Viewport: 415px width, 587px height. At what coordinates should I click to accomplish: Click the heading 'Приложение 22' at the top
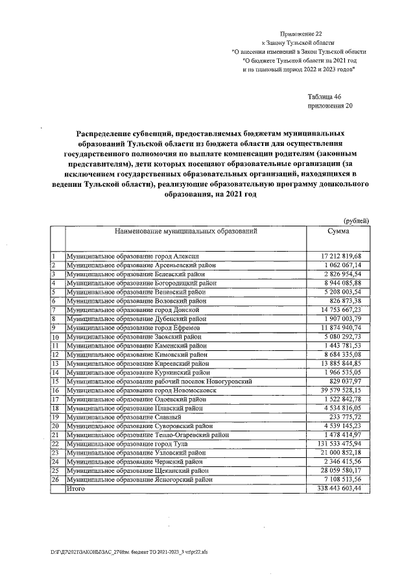pyautogui.click(x=300, y=32)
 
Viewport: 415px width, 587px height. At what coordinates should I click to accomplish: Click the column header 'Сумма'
pyautogui.click(x=338, y=231)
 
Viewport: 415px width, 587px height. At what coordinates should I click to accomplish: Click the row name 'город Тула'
pyautogui.click(x=143, y=443)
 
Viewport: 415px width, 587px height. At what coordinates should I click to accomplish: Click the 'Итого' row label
pyautogui.click(x=77, y=488)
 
